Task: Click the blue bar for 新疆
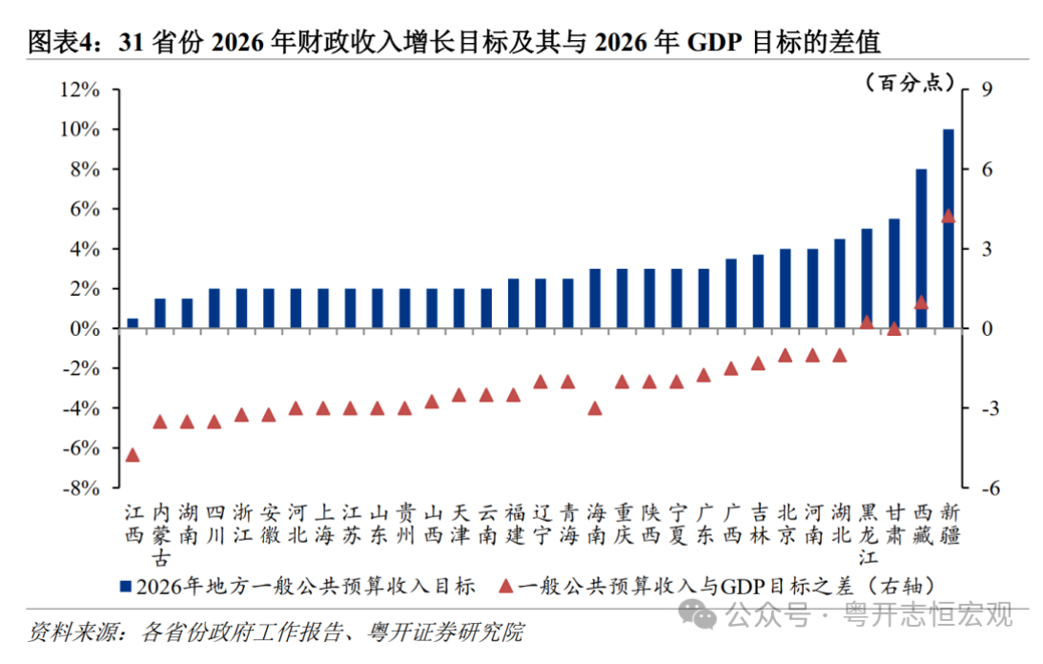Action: tap(949, 229)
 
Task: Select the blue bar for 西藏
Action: tap(922, 249)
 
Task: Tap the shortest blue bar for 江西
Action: tap(133, 323)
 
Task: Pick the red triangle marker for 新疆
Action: tap(949, 217)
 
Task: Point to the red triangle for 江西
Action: tap(133, 455)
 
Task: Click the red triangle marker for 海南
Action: tap(595, 408)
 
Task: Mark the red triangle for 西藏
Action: tap(922, 302)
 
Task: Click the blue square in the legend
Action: tap(125, 585)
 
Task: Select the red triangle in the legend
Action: tap(504, 585)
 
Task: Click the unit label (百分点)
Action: tap(910, 83)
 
